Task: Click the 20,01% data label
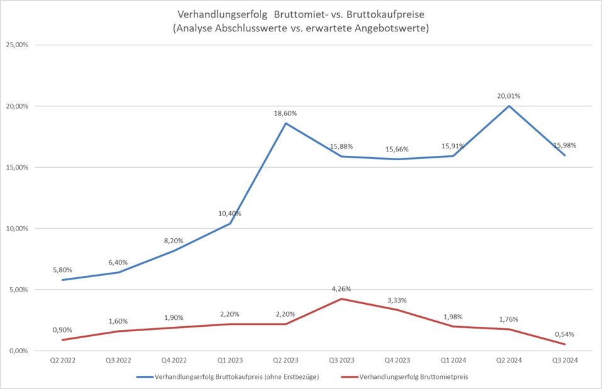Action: [x=509, y=96]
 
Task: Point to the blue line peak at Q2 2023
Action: [x=286, y=123]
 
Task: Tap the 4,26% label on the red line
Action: [x=341, y=289]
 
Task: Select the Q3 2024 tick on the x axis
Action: [x=565, y=360]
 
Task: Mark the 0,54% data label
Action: [x=564, y=334]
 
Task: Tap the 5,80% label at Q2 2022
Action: [x=63, y=270]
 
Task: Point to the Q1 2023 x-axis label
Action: [x=230, y=360]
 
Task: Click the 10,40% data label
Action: [x=230, y=214]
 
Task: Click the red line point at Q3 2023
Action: [x=342, y=299]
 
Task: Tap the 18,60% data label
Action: [x=286, y=113]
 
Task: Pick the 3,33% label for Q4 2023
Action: [x=397, y=300]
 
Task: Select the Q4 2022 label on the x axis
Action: [x=174, y=360]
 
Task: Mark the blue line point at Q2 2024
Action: [x=509, y=106]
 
